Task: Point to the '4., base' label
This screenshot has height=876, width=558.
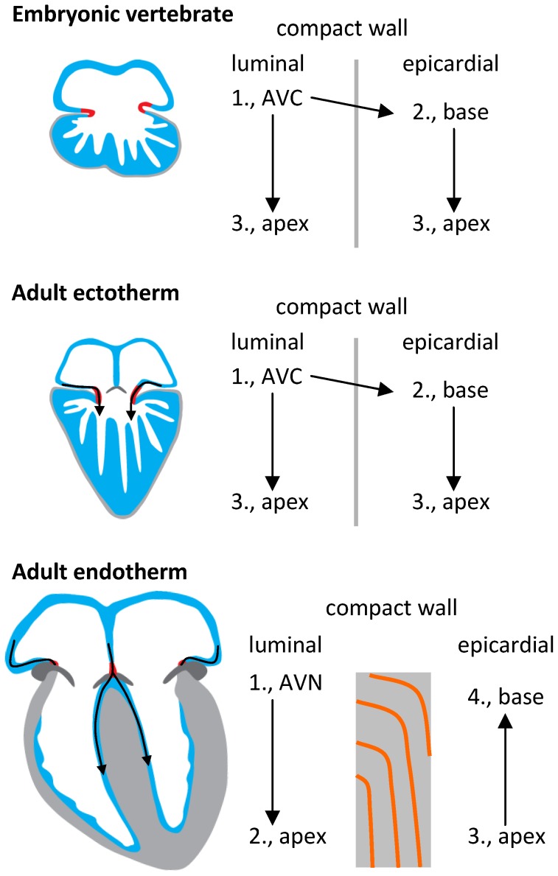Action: click(x=505, y=696)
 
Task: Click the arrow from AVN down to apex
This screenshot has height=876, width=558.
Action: click(x=273, y=759)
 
